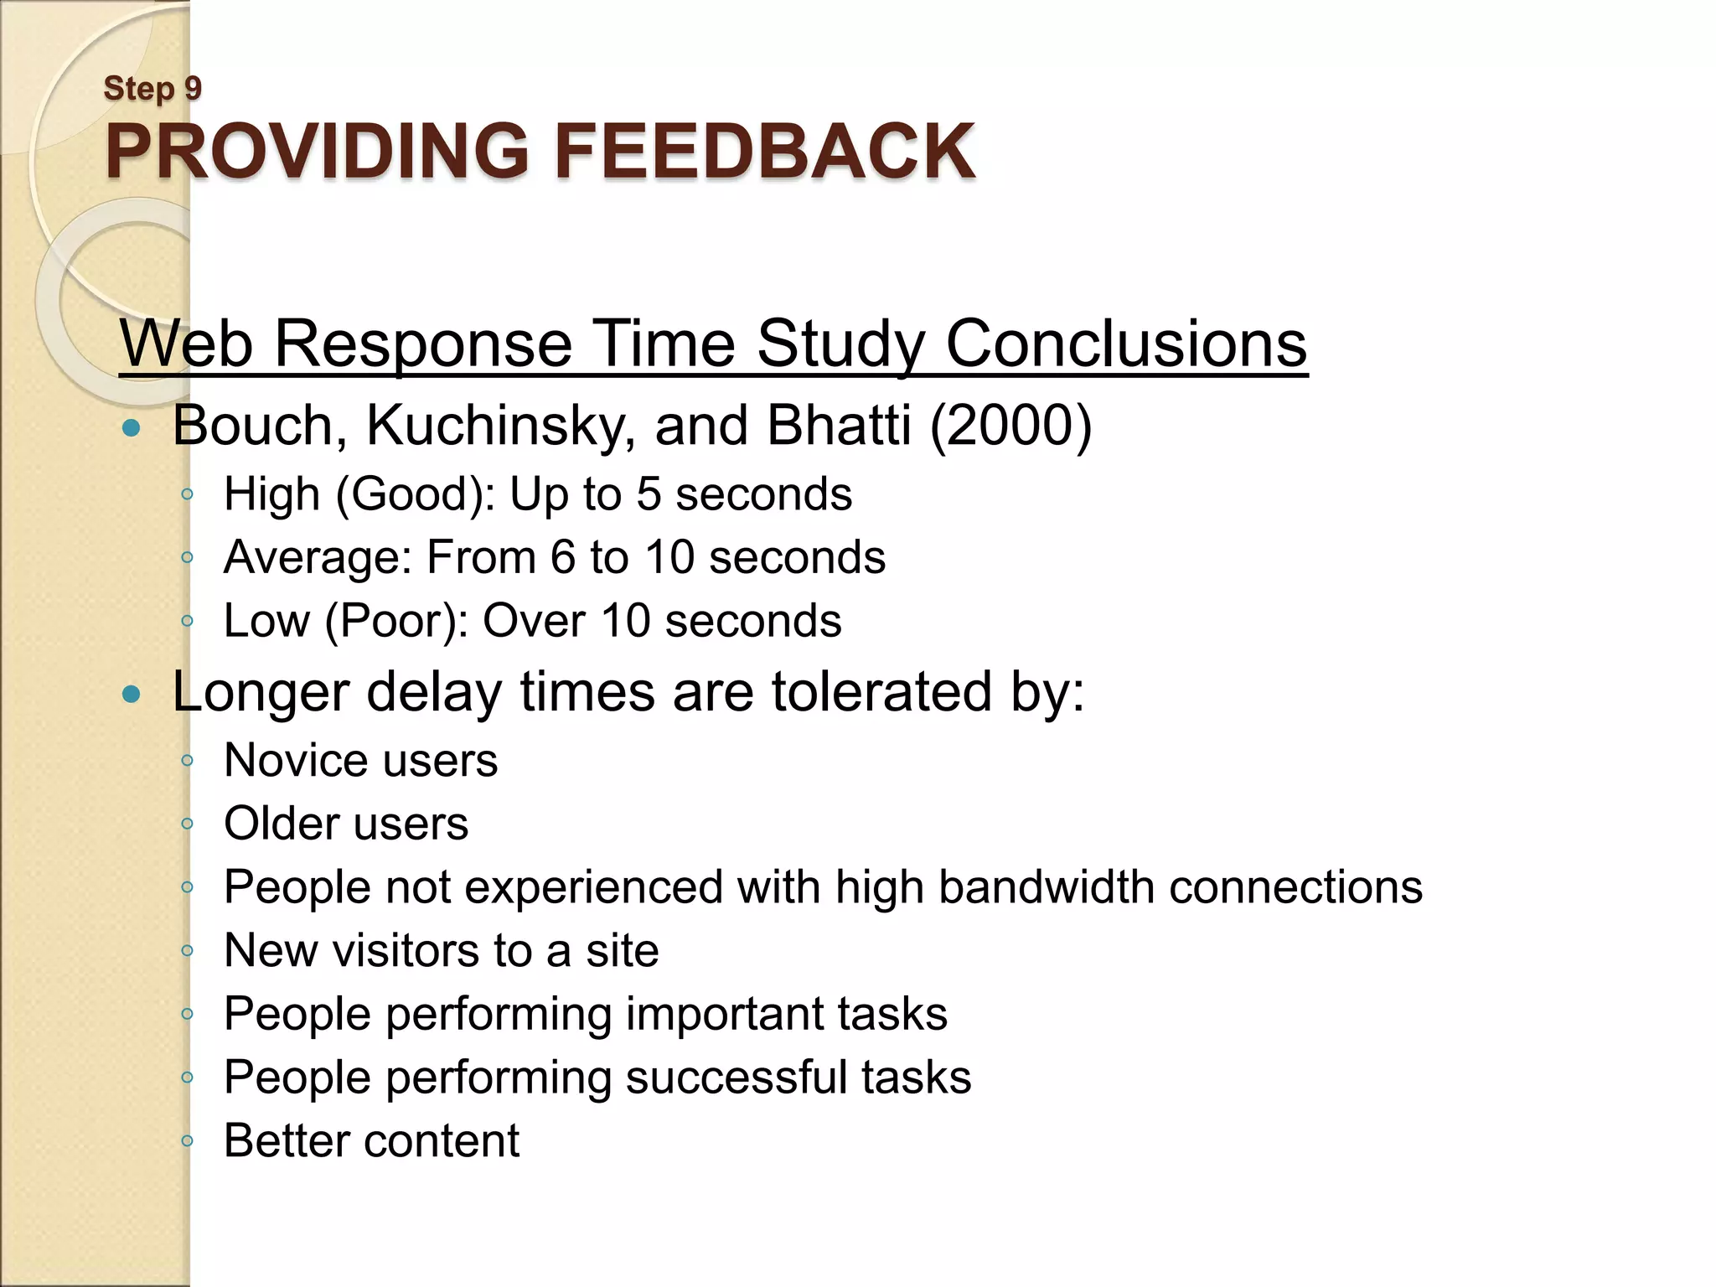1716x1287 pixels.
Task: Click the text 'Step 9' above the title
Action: (152, 88)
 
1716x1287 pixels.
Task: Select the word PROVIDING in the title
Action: (317, 152)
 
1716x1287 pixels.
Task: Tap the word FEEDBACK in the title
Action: (764, 152)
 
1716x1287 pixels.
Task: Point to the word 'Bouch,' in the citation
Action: (260, 426)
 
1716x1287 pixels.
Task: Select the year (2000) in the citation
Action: (1010, 426)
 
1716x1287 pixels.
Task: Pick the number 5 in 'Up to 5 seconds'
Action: (649, 494)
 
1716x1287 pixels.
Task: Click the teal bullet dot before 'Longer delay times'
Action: (132, 695)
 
